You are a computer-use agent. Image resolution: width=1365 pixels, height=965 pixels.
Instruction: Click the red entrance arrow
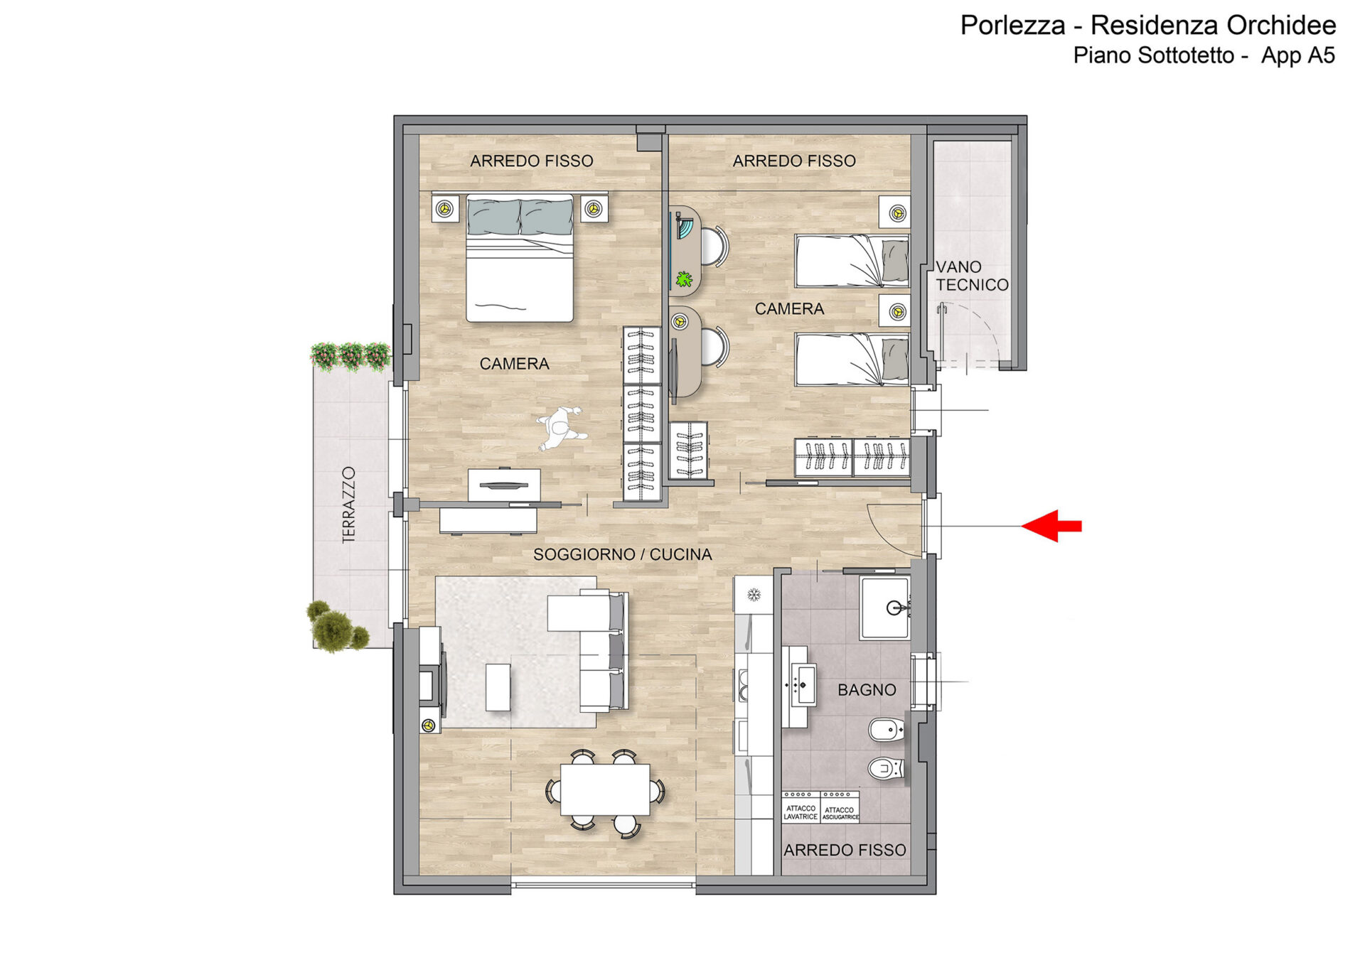pos(1051,526)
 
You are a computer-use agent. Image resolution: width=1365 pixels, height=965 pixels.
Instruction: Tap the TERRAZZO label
pos(348,505)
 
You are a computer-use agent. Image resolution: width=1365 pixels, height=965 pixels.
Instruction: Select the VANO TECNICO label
pos(972,276)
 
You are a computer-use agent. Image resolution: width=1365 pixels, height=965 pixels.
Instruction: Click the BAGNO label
pos(867,689)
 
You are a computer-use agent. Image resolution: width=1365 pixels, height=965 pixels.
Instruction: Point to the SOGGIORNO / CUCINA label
pos(623,554)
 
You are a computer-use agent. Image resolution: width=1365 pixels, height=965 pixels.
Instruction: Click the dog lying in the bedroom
pos(562,428)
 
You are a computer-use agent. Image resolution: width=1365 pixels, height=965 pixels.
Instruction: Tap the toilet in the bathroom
pos(887,768)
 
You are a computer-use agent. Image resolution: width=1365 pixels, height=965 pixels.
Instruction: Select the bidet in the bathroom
pos(887,730)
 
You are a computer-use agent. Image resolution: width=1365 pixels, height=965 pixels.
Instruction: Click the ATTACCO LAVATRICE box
pos(801,807)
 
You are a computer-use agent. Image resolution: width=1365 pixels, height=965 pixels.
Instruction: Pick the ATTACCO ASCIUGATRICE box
pos(840,807)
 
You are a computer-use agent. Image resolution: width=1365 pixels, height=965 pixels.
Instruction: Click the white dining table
pos(605,789)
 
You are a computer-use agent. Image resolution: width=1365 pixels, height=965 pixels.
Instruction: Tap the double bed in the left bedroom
pos(520,258)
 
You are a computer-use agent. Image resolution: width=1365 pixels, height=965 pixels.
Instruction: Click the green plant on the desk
pos(684,279)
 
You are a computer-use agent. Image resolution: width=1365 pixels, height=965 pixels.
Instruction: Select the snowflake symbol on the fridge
pos(754,594)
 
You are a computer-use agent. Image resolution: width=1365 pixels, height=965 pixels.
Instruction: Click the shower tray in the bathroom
pos(885,608)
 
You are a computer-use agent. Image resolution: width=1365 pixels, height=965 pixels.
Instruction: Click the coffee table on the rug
pos(498,687)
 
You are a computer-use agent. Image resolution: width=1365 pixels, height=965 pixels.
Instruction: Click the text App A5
pos(1298,55)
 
